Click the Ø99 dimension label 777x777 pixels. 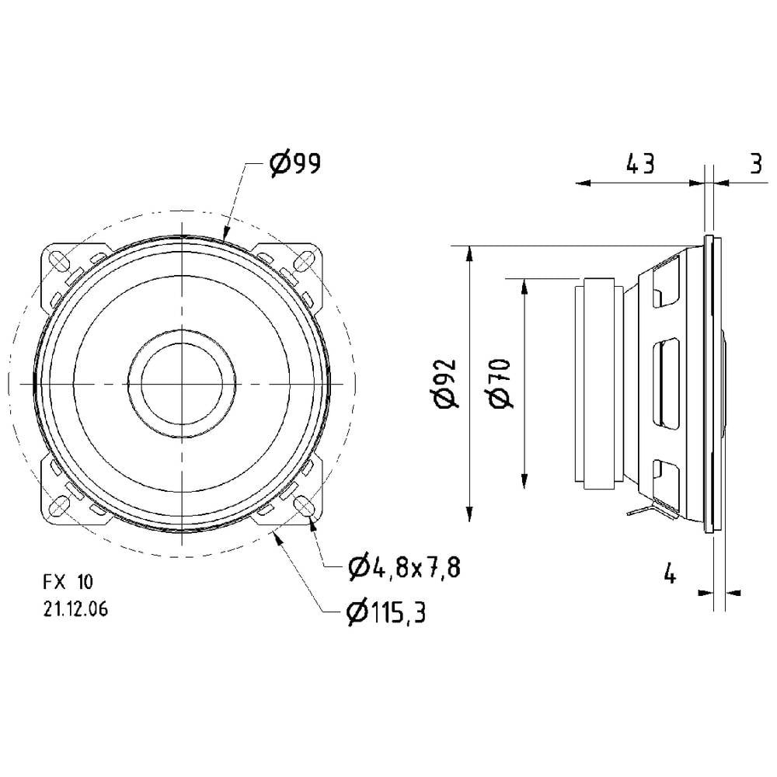coord(295,164)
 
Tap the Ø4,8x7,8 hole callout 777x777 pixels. coord(404,568)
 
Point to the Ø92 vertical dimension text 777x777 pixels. coord(448,384)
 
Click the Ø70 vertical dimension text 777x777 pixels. coord(500,382)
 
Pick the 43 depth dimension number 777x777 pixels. coord(639,164)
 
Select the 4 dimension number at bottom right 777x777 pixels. coord(669,575)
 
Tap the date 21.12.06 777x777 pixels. coord(75,610)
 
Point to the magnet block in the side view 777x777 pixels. coord(597,382)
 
